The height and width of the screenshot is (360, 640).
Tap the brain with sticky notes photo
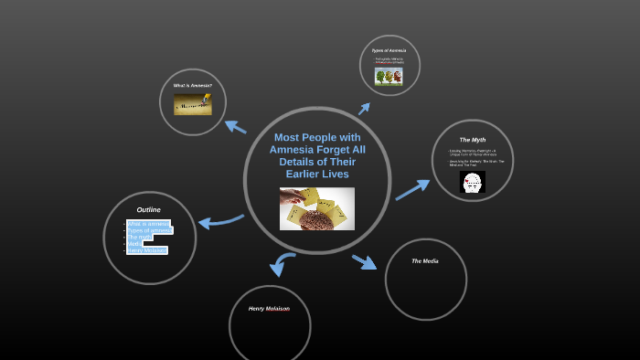[316, 208]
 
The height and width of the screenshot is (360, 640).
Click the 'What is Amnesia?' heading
[192, 85]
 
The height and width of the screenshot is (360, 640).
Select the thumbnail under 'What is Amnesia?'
[192, 104]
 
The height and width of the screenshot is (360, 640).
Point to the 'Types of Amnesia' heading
[389, 50]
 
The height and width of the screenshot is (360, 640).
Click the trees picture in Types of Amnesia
[389, 77]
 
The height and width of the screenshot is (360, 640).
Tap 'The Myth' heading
[472, 140]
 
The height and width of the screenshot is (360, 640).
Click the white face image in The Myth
[472, 183]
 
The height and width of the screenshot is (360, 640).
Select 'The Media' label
[424, 261]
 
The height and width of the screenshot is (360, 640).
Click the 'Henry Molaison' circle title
[269, 309]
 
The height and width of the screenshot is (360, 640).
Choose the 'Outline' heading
[148, 209]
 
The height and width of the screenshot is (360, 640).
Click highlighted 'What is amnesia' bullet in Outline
[147, 224]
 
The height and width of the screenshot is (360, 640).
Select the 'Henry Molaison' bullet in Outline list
[147, 250]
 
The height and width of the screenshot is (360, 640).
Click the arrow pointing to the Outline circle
[219, 221]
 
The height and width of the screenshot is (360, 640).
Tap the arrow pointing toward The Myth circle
[412, 189]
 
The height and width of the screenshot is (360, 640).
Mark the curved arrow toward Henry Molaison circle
[282, 264]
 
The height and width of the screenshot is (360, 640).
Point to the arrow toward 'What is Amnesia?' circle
[235, 126]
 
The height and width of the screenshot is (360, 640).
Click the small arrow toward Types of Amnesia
[364, 109]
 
